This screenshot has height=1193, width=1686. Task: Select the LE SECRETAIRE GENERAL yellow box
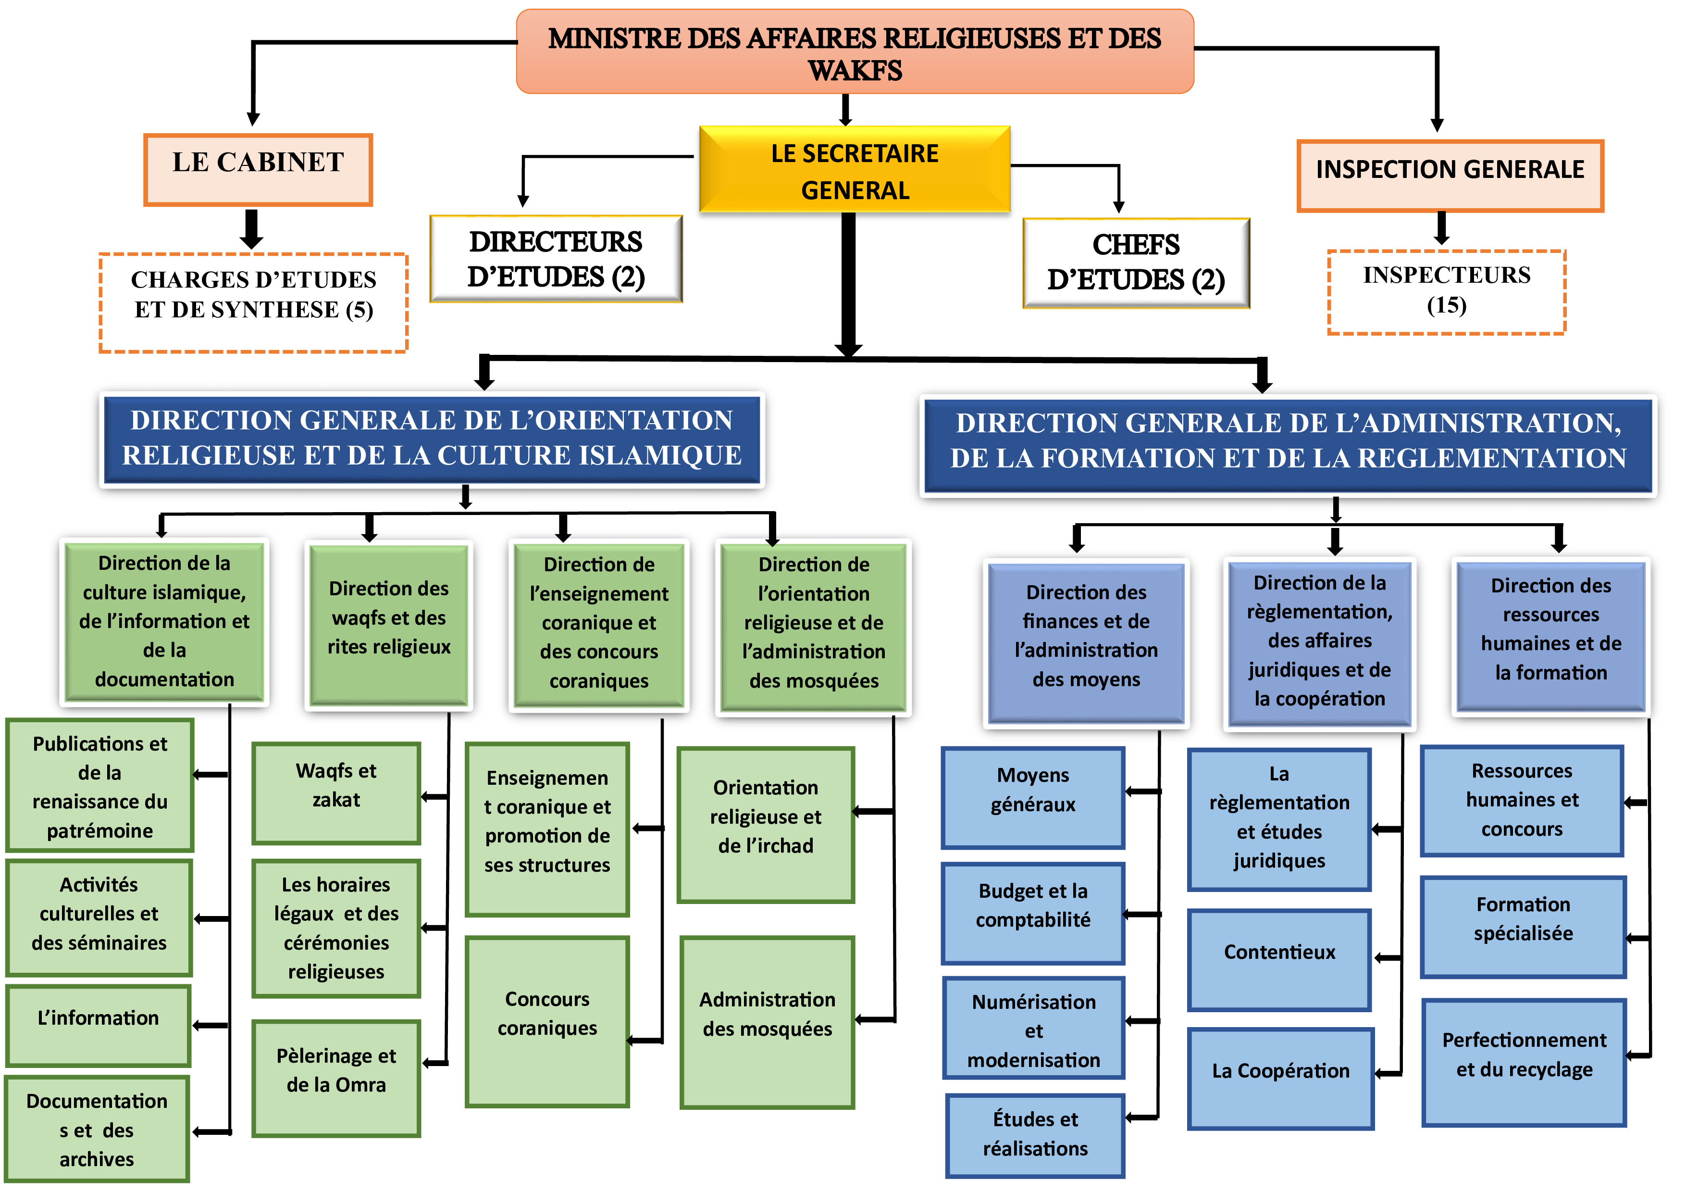pyautogui.click(x=854, y=170)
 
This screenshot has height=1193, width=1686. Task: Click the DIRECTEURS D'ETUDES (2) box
pyautogui.click(x=556, y=259)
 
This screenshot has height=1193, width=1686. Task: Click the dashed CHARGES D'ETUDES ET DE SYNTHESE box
pyautogui.click(x=253, y=302)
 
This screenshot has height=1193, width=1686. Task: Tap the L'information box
pyautogui.click(x=99, y=1025)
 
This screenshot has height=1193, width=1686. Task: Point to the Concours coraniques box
pyautogui.click(x=547, y=1020)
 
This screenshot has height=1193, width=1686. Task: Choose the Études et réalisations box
pyautogui.click(x=1035, y=1135)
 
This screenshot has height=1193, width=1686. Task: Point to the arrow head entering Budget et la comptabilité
pyautogui.click(x=1129, y=915)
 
